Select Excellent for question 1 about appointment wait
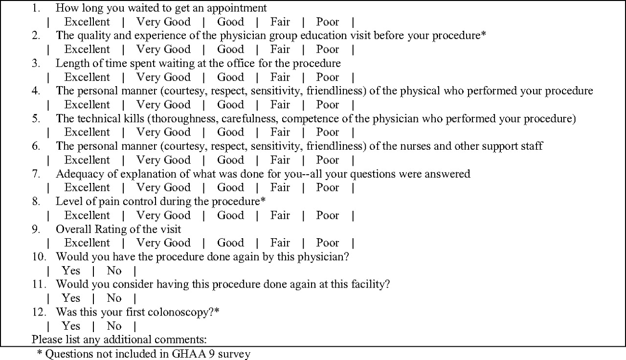[87, 22]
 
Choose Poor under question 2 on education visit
[327, 49]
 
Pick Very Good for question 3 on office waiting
[163, 77]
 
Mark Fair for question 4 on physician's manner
[280, 105]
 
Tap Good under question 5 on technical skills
[230, 132]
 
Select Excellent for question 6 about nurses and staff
[87, 160]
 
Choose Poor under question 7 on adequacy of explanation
[327, 187]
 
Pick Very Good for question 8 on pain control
[163, 215]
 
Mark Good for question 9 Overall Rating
[230, 243]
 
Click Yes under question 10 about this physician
[71, 270]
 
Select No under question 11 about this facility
[114, 298]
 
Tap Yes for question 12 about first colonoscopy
[71, 326]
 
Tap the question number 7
[36, 174]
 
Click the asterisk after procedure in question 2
[484, 35]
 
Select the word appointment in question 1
[237, 8]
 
